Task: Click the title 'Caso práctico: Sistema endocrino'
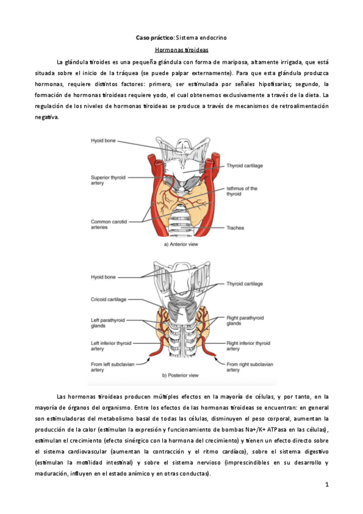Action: coord(181,38)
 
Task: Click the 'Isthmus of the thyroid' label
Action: coord(242,192)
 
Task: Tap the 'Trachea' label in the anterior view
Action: coord(235,227)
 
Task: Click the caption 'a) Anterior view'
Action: coord(181,245)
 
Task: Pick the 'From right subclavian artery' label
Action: coord(250,367)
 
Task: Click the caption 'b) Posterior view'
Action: coord(181,375)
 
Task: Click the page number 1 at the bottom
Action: coord(327,485)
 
